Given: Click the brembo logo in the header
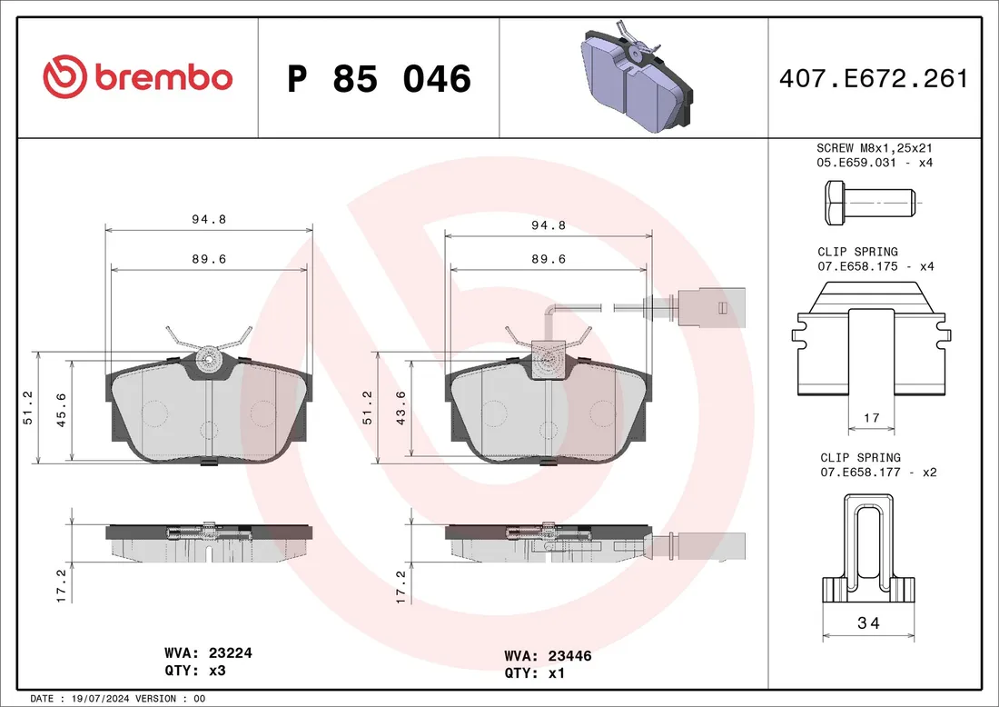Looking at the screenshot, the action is click(137, 76).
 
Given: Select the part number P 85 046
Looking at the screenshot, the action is click(379, 78).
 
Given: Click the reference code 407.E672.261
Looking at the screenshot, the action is click(874, 78).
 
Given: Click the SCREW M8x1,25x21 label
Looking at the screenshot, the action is click(875, 148).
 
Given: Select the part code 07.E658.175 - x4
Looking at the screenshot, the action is click(875, 266).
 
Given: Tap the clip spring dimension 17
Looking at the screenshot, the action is click(872, 418).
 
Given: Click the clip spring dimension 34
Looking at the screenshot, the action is click(868, 622).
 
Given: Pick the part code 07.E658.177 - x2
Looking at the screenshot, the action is click(878, 473).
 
